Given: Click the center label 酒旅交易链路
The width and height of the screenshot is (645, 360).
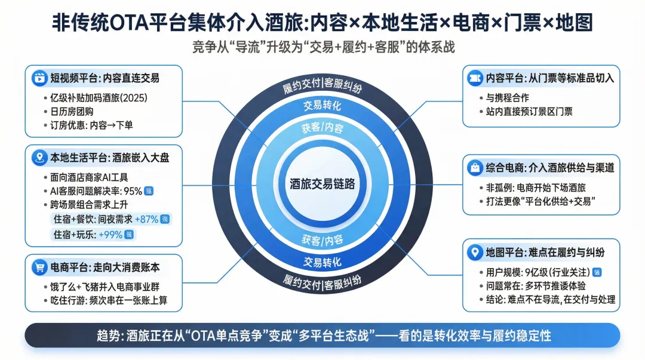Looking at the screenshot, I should tap(322, 184).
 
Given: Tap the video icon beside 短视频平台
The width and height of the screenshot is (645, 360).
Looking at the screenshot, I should tap(39, 78).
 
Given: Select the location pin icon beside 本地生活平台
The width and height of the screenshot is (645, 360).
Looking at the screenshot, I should tap(39, 158).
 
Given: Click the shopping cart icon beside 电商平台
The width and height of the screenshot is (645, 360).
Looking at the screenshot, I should tap(39, 267).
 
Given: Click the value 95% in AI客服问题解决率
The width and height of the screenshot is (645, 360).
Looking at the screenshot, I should tap(132, 191).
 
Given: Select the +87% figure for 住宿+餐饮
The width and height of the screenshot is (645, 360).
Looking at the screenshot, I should tap(147, 219).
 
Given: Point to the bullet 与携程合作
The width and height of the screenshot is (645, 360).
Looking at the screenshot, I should tap(508, 97).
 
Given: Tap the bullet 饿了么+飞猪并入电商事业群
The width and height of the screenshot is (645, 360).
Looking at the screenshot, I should tap(105, 287).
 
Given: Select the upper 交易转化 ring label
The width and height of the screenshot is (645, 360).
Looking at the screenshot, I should tap(322, 106).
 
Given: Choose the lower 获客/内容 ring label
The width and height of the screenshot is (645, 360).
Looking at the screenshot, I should tap(322, 240).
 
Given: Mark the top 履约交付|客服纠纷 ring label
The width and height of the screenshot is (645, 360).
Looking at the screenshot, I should tap(322, 87).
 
